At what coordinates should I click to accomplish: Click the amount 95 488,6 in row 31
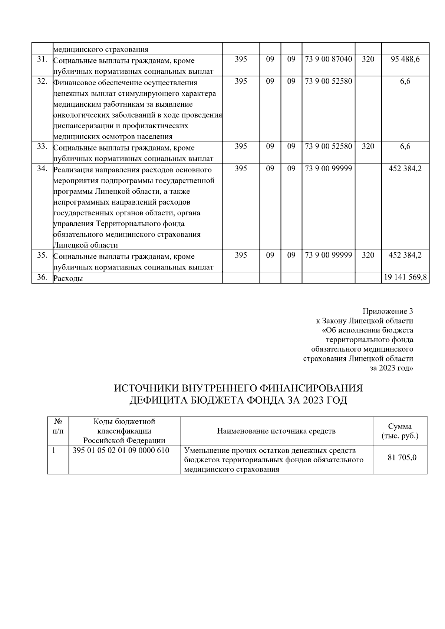[x=405, y=59]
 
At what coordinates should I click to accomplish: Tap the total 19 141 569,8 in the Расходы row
[x=405, y=277]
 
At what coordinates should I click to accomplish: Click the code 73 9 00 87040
[x=328, y=59]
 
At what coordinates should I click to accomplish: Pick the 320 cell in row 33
[x=368, y=146]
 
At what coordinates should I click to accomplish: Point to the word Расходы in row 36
[x=68, y=278]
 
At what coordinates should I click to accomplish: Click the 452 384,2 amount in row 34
[x=405, y=169]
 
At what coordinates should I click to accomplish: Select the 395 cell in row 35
[x=241, y=255]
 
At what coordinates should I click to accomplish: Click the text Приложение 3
[x=388, y=311]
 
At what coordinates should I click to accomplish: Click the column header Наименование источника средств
[x=276, y=431]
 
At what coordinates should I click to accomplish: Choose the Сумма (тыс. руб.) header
[x=400, y=431]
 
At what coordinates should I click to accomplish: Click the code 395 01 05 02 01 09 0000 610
[x=121, y=450]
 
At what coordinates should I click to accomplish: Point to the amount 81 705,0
[x=402, y=457]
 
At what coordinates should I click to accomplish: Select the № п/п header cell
[x=58, y=426]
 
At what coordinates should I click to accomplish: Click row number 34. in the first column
[x=42, y=169]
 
